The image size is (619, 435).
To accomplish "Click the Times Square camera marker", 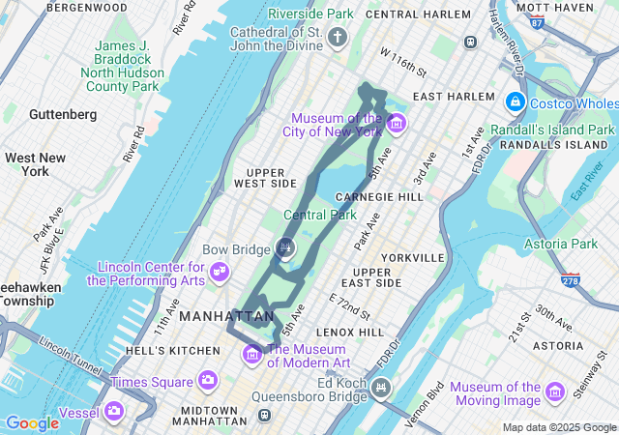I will coord(207,380).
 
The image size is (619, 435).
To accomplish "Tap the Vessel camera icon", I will coord(114,413).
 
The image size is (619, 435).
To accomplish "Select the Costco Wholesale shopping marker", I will coord(515,101).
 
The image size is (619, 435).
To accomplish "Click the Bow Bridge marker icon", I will coord(285,248).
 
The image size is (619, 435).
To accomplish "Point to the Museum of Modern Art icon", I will coord(252,355).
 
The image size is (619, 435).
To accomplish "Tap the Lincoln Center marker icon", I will coord(221,271).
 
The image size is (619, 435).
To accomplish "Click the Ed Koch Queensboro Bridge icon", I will coord(381,389).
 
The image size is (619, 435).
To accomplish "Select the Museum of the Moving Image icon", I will coord(554,392).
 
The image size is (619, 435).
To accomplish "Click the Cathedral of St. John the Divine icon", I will coord(338,38).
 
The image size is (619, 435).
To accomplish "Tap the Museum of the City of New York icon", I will coord(396,123).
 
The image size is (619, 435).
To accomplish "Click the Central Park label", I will coord(314,215).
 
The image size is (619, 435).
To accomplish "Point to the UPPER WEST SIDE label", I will coord(265,178).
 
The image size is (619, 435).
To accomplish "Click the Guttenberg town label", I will coord(63,114).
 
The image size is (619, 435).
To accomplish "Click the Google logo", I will coord(32,422).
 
